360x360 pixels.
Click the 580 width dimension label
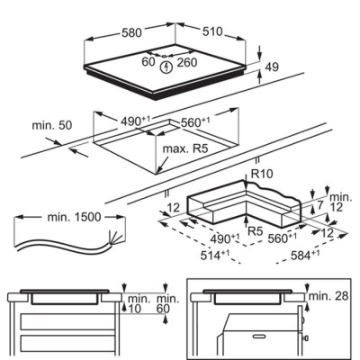click(131, 32)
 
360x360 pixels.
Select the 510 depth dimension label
click(212, 31)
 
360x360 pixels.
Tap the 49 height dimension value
click(272, 67)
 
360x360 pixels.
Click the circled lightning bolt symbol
click(166, 67)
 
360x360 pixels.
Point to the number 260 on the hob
click(186, 62)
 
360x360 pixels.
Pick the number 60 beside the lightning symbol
click(148, 62)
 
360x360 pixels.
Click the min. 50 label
click(52, 125)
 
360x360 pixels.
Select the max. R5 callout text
click(184, 148)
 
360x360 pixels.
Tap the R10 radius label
click(262, 174)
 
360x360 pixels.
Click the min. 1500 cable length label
click(74, 217)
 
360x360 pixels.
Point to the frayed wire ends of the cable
click(116, 237)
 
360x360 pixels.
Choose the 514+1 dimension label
click(215, 256)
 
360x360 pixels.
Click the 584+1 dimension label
click(305, 256)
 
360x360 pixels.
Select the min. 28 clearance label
click(328, 296)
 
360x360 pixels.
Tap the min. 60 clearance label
click(167, 303)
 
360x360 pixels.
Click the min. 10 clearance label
click(139, 303)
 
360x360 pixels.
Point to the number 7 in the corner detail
click(320, 205)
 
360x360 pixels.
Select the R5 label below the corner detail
click(256, 231)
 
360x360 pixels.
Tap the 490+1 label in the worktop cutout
click(135, 121)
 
